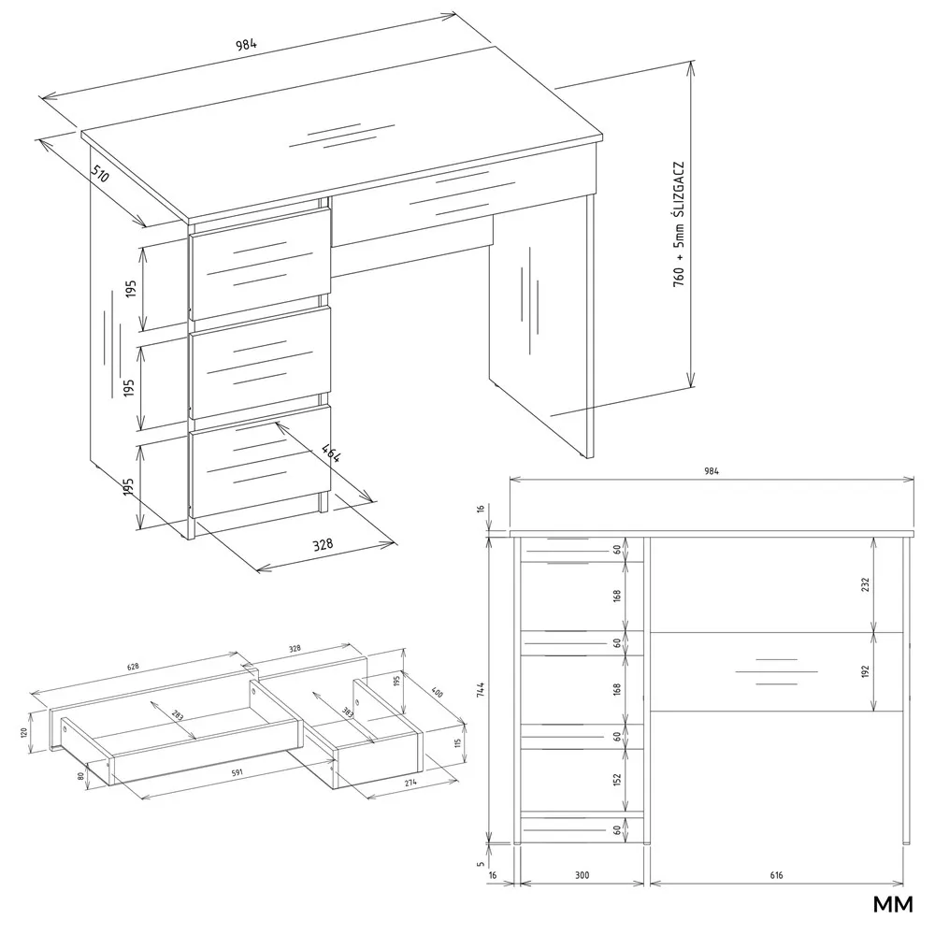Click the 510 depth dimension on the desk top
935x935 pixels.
coord(101,173)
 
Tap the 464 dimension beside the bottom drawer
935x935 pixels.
coord(331,453)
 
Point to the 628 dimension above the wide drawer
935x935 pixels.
coord(133,667)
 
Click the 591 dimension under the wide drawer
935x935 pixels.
coord(237,773)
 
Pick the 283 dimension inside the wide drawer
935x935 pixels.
coord(178,715)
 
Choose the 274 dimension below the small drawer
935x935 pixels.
coord(410,783)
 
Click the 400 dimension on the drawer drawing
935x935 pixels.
coord(437,694)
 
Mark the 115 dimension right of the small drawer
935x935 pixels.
coord(458,743)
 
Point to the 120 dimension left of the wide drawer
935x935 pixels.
coord(24,731)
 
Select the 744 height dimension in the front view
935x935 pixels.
coord(481,689)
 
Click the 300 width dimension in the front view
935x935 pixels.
coord(582,875)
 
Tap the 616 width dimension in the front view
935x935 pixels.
coord(776,875)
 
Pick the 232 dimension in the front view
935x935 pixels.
coord(865,584)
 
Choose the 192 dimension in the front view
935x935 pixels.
coord(865,671)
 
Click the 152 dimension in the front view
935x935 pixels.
coord(617,780)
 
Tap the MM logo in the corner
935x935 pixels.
coord(893,904)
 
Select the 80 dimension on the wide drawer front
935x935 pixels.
coord(80,776)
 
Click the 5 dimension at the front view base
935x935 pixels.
coord(481,863)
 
